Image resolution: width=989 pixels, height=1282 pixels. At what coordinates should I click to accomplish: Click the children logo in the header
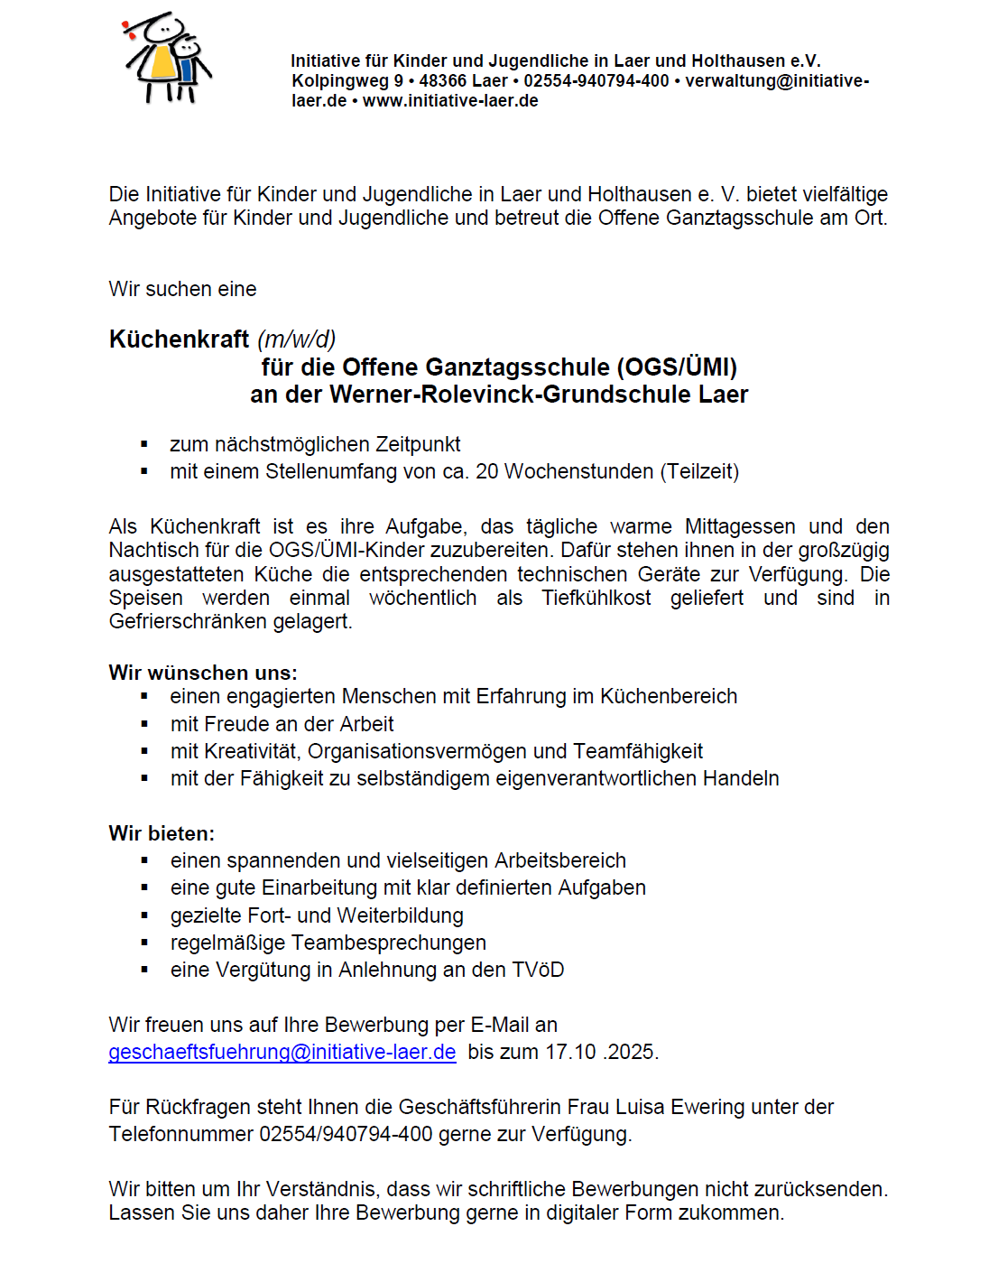coord(168,58)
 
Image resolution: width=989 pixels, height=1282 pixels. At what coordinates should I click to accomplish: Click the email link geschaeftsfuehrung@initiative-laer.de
coord(282,1053)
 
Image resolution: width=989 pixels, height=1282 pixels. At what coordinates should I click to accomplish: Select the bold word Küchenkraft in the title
coord(179,339)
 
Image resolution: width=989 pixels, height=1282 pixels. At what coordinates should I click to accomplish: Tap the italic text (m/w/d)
coord(296,339)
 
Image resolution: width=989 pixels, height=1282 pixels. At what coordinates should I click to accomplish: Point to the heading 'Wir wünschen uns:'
coord(203,673)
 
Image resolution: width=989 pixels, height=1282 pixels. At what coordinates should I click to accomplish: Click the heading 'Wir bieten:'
coord(162,833)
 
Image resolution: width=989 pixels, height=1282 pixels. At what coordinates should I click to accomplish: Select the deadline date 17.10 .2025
coord(602,1053)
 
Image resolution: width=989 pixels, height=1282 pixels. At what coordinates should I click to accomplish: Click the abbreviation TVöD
coord(538,971)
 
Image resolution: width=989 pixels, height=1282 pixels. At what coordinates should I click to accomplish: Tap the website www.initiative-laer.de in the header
coord(450,101)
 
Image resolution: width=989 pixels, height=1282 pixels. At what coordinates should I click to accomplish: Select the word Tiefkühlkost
coord(596,599)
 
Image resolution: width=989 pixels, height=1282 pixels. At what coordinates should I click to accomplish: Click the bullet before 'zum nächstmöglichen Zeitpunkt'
coord(144,445)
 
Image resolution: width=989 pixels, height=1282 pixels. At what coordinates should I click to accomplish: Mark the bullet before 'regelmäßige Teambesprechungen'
coord(144,943)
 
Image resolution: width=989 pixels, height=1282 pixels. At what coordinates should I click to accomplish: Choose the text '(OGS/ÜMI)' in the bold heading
coord(677,367)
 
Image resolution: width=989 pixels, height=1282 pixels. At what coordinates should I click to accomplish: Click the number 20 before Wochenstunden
coord(486,472)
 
